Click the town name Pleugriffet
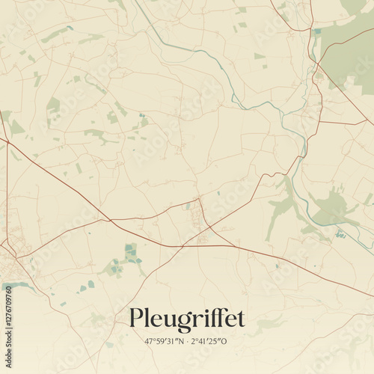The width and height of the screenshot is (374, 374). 187,319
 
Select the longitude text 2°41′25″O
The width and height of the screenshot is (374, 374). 211,341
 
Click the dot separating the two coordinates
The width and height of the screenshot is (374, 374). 187,341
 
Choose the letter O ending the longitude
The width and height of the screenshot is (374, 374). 230,341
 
